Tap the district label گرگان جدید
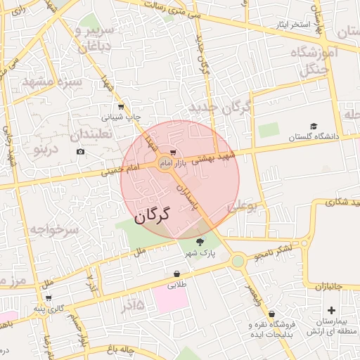219,107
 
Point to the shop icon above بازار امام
173,152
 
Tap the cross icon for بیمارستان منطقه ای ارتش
331,310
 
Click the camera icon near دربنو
80,152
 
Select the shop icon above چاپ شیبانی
121,107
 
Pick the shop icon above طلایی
176,274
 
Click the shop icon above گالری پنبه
49,298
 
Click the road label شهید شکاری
340,202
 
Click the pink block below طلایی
170,299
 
